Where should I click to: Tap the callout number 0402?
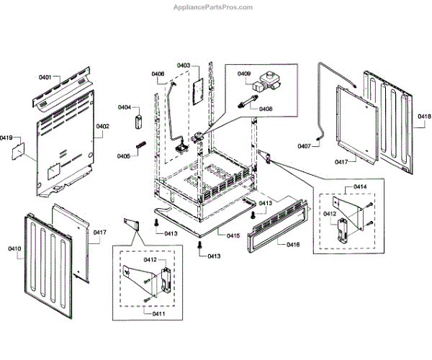pos(103,127)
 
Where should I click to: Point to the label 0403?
pos(183,66)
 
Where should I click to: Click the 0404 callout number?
pos(124,108)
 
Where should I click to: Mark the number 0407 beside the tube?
pos(305,147)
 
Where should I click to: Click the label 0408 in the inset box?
pos(266,109)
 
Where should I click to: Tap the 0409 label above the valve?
pos(244,74)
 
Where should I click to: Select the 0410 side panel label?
pos(14,248)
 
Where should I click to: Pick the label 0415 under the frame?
pos(233,236)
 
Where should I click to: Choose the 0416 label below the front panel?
pos(293,246)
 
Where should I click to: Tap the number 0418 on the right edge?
pos(424,116)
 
